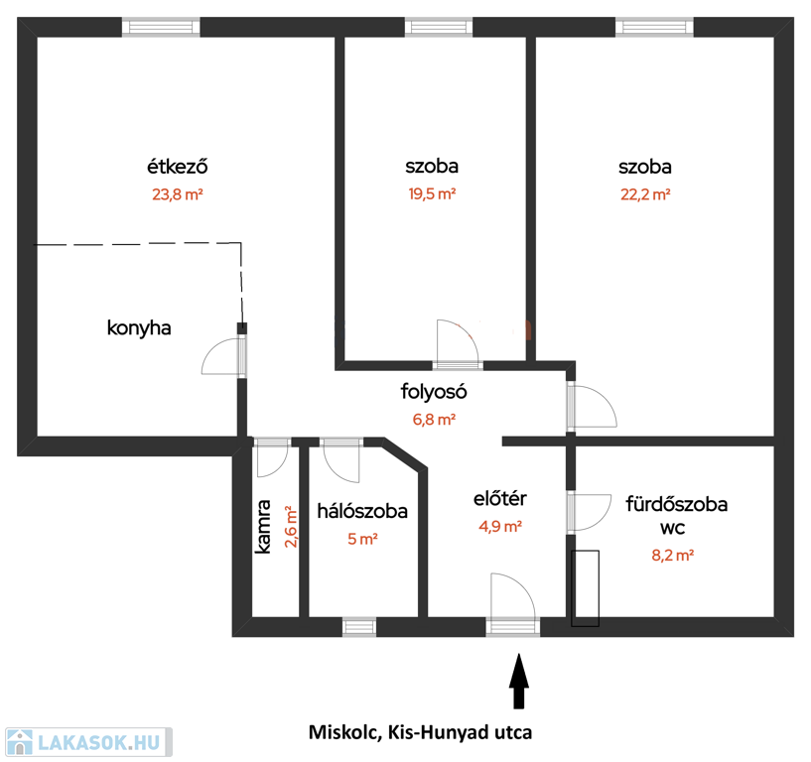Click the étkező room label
[x=178, y=167]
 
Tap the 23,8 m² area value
[x=178, y=194]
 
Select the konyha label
[x=139, y=327]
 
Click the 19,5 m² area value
[x=432, y=193]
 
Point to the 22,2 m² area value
[x=645, y=194]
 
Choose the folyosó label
[x=434, y=391]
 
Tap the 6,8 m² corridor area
[x=434, y=420]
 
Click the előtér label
[x=500, y=498]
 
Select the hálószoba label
[x=362, y=511]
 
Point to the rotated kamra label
[x=263, y=527]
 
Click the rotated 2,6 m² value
[x=291, y=527]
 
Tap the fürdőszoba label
[x=677, y=504]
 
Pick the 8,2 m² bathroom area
[x=672, y=556]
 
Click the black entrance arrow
[x=519, y=681]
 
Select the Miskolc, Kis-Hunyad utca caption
[x=420, y=732]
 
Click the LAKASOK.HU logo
[x=88, y=742]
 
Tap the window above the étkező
[x=161, y=27]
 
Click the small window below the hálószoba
[x=359, y=626]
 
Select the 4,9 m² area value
[x=500, y=526]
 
